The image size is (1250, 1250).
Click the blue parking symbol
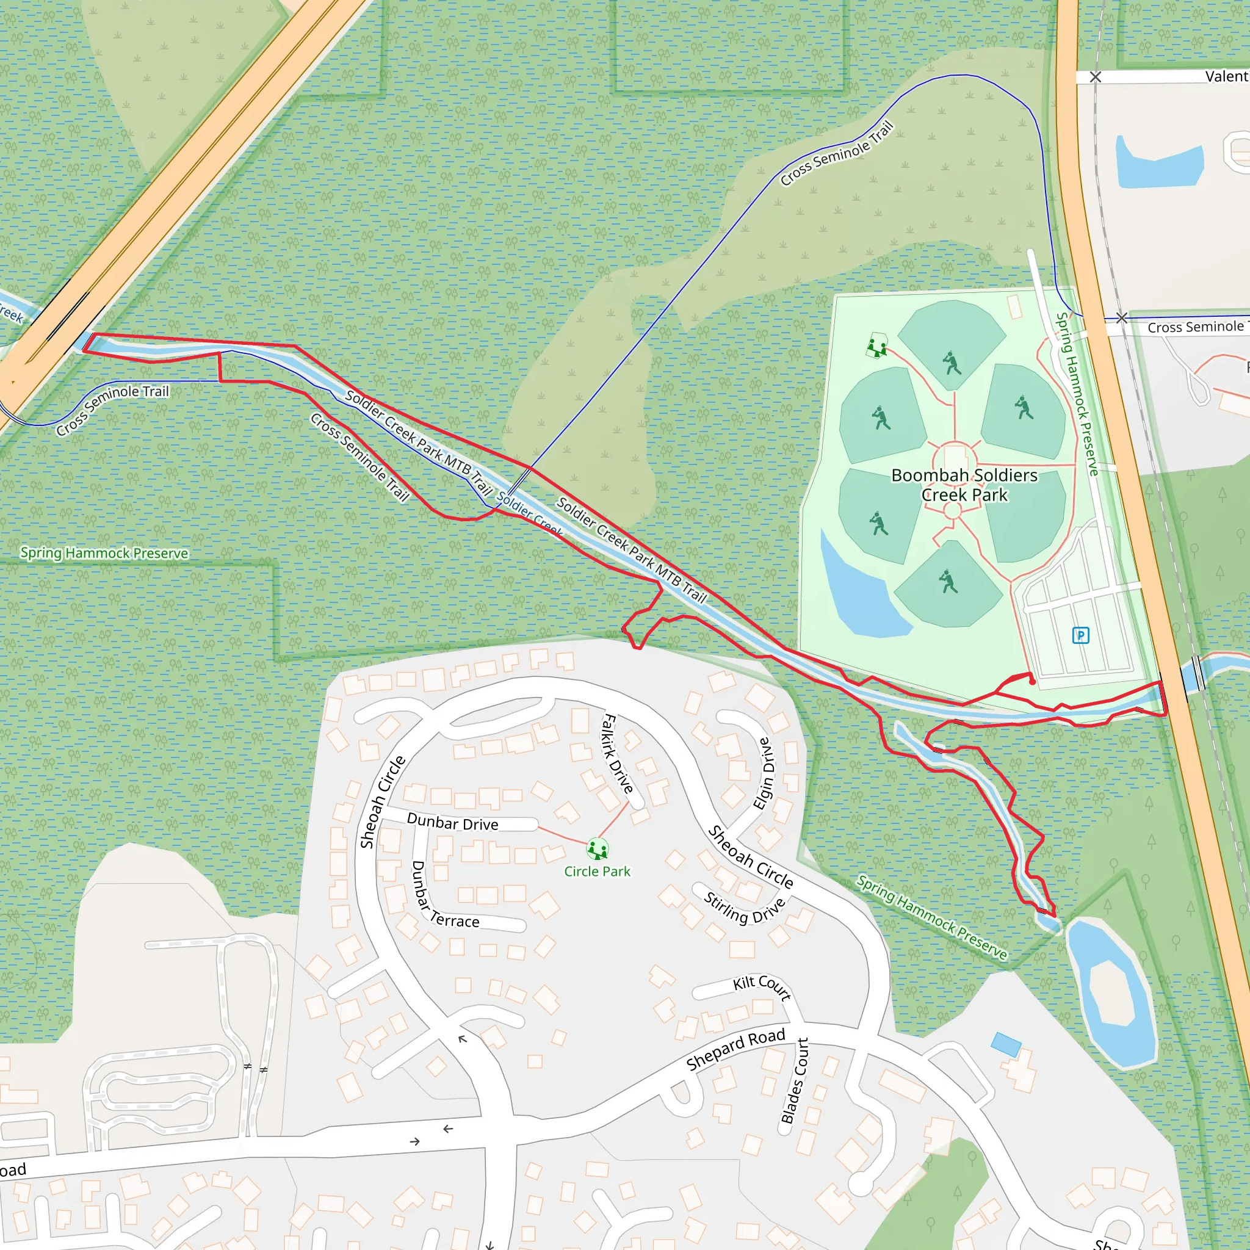1080,635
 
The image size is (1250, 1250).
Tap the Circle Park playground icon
597,848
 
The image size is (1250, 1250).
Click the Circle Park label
597,872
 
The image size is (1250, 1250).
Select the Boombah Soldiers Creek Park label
964,485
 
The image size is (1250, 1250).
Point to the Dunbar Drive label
452,823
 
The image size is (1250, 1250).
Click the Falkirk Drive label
617,753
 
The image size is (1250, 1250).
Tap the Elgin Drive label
764,773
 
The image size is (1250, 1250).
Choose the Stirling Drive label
744,908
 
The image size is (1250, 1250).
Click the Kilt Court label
762,988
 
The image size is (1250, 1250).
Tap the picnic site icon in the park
876,346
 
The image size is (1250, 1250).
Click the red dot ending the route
1032,681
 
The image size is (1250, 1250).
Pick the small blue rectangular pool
1006,1045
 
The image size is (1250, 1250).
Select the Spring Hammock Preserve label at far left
104,553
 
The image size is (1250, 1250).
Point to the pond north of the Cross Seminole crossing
1158,164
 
